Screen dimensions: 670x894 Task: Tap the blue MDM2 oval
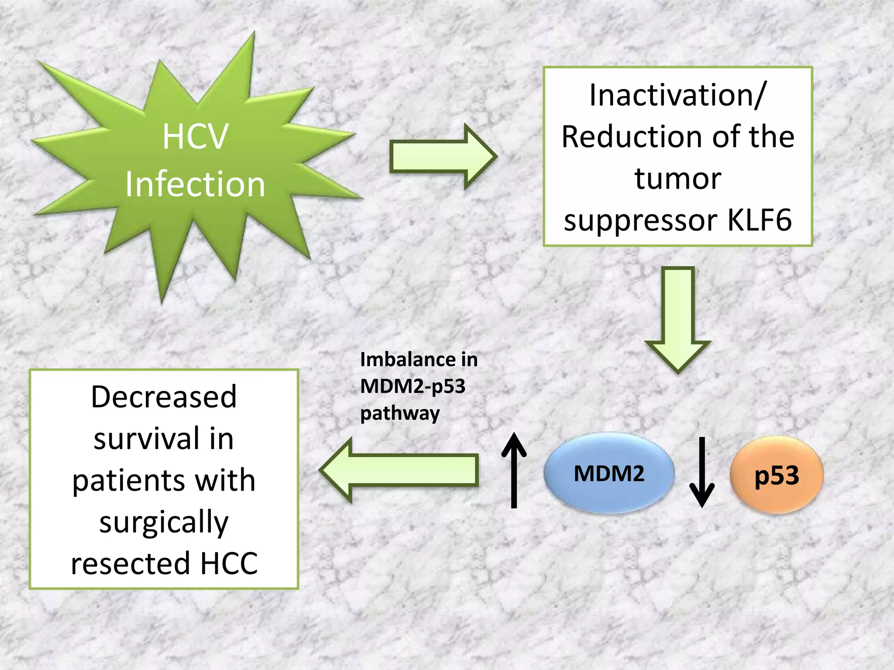click(609, 473)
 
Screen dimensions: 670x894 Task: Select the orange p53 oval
click(777, 475)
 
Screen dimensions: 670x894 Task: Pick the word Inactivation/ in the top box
click(677, 95)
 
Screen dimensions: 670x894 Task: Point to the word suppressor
click(640, 221)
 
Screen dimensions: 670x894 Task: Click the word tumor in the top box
click(677, 178)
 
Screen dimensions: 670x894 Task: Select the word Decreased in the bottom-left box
click(164, 397)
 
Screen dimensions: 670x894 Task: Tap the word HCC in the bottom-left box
click(229, 563)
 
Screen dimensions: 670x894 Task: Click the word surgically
click(164, 522)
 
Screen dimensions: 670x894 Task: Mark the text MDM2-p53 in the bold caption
click(413, 386)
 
